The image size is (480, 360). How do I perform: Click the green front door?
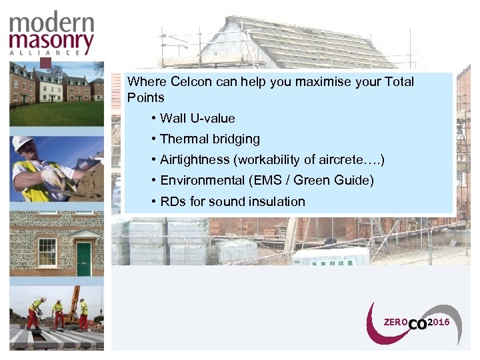click(83, 258)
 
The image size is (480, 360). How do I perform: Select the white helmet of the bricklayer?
click(23, 143)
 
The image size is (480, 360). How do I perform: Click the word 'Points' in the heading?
click(145, 97)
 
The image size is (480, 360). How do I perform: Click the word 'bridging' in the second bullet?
click(237, 139)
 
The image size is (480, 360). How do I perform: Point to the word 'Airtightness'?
click(194, 160)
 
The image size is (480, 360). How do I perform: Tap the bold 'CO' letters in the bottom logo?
click(417, 325)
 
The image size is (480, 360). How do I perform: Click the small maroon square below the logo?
click(45, 63)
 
